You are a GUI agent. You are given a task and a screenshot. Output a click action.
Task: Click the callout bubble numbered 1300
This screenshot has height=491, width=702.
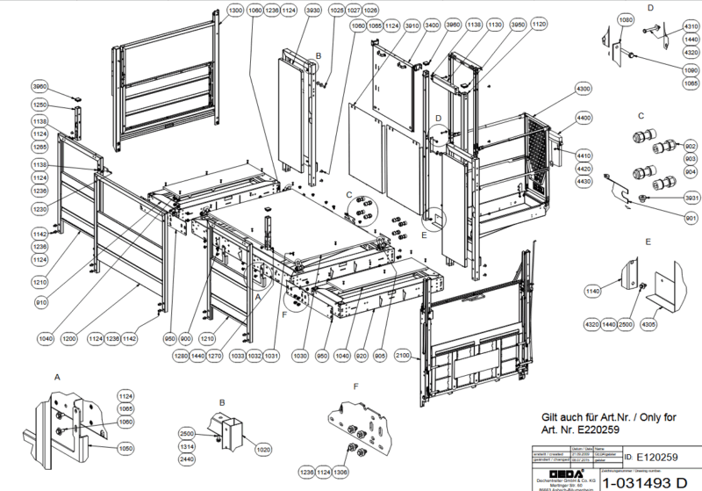click(235, 10)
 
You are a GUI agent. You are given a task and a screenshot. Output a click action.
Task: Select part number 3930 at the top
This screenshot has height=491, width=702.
click(312, 10)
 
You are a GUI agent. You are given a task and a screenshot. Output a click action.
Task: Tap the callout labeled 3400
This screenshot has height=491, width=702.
click(432, 25)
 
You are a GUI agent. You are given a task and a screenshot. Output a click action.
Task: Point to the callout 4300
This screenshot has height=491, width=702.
click(584, 90)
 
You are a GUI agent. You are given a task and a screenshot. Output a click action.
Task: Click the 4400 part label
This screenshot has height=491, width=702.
click(584, 117)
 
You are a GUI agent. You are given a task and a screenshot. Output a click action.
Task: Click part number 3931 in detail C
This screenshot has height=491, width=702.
click(691, 198)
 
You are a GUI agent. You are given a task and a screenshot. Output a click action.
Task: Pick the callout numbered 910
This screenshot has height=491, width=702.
click(40, 302)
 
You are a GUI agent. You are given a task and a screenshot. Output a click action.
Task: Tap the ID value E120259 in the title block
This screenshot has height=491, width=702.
click(658, 458)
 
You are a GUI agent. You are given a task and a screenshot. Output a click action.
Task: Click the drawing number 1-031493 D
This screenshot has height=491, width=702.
click(644, 480)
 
